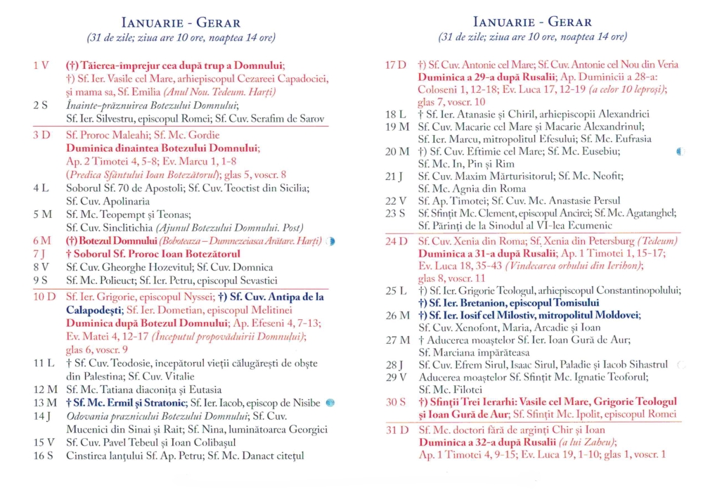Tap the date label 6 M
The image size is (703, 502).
click(41, 241)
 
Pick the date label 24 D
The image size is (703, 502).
click(396, 241)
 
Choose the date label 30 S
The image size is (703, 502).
click(396, 402)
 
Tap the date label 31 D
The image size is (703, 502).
click(396, 429)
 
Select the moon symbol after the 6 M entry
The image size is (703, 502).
click(330, 241)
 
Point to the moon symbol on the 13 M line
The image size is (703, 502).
click(330, 403)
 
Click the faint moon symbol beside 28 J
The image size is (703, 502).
click(680, 365)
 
